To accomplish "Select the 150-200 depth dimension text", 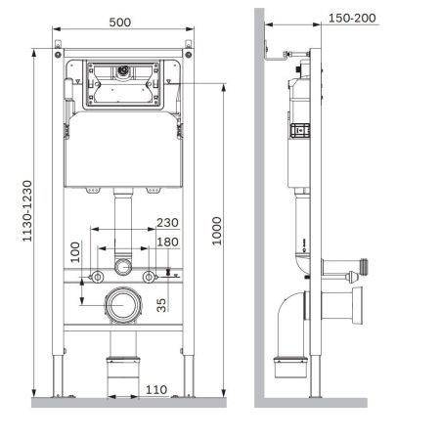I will [x=353, y=18].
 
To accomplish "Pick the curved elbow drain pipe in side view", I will [x=293, y=328].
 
